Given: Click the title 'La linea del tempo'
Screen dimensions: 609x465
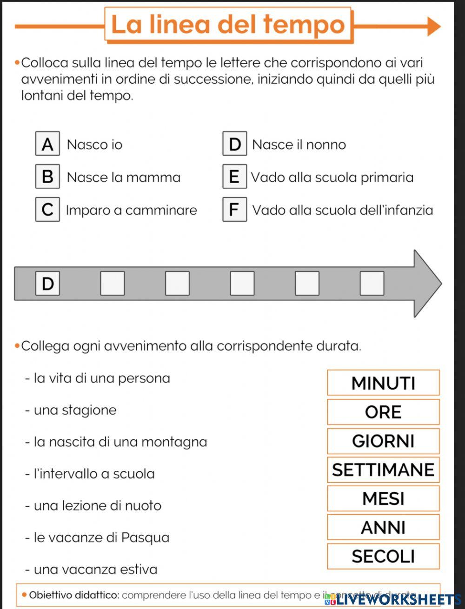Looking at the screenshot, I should click(x=228, y=25).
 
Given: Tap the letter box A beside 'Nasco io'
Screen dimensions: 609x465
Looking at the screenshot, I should click(x=47, y=144).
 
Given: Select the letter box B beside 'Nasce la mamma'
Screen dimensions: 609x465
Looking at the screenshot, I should click(x=47, y=177).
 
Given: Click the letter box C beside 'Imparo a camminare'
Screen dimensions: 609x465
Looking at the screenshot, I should click(x=47, y=210).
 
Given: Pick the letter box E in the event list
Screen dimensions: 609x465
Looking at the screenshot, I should click(x=234, y=177).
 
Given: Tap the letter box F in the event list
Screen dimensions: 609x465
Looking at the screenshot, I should click(x=234, y=210).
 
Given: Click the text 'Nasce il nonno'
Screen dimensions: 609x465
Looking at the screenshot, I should click(x=299, y=145).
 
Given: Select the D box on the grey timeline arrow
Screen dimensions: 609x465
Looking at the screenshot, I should click(x=47, y=283).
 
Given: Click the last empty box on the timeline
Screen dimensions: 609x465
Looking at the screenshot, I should click(x=372, y=283).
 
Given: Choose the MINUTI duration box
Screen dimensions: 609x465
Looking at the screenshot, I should click(x=383, y=383).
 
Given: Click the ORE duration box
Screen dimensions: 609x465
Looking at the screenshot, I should click(x=383, y=412).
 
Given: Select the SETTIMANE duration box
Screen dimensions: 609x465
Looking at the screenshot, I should click(x=383, y=470).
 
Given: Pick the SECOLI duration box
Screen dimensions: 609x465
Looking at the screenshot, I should click(x=383, y=556).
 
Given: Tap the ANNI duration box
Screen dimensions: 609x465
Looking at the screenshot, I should click(x=383, y=527).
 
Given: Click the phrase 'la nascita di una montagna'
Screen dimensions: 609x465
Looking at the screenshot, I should click(x=120, y=442).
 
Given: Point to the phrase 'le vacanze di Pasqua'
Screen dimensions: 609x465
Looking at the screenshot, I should click(x=101, y=537).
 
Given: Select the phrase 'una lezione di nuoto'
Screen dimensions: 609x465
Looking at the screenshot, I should click(x=97, y=505).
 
